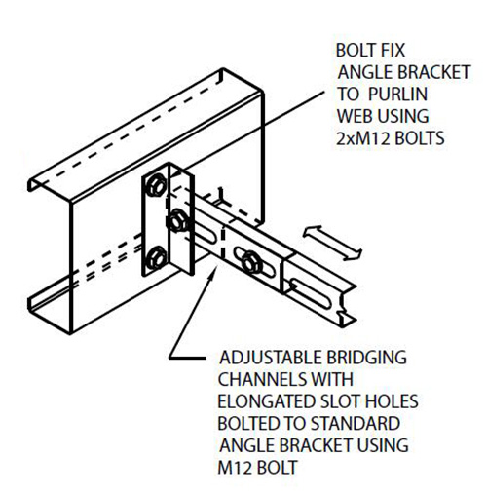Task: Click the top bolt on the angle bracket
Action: tap(156, 185)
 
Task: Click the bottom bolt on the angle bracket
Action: tap(156, 258)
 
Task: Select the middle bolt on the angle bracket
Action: tap(177, 221)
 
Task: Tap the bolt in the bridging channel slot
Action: tap(251, 260)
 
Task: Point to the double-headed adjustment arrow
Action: tap(332, 243)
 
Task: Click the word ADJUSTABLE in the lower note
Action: tap(271, 358)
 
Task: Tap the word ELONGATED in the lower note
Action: tap(266, 401)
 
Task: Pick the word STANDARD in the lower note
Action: tap(356, 423)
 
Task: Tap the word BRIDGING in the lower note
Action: tap(366, 358)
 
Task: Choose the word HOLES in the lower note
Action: tap(392, 401)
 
